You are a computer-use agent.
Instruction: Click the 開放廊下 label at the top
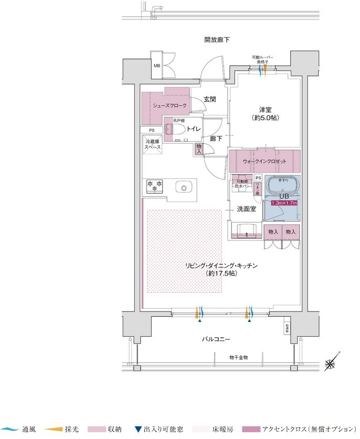[x=217, y=40]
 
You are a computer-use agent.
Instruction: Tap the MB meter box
[x=156, y=66]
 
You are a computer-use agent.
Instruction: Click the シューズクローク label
[x=170, y=105]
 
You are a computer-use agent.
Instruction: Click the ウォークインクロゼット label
[x=264, y=161]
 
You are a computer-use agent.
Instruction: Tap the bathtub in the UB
[x=283, y=186]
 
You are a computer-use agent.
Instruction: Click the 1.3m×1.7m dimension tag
[x=284, y=202]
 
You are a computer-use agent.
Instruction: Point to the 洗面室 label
[x=246, y=209]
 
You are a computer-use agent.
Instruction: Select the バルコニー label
[x=217, y=339]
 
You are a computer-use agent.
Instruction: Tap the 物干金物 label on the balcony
[x=238, y=357]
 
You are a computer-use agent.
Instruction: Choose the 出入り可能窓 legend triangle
[x=138, y=429]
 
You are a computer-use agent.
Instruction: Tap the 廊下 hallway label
[x=215, y=138]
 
